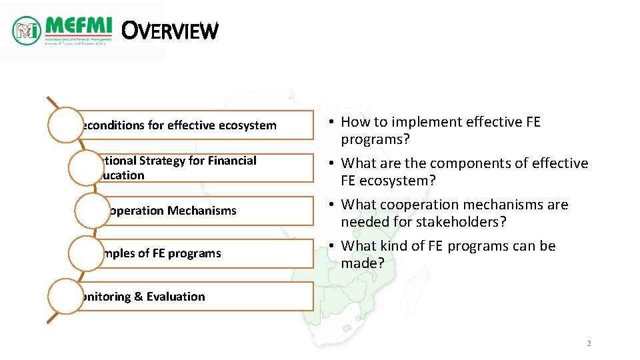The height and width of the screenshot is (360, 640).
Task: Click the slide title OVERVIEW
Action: [171, 31]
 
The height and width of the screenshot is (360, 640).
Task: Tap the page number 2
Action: [589, 343]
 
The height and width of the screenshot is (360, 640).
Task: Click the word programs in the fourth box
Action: [194, 253]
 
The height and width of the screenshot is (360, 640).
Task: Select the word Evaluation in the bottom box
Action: [176, 297]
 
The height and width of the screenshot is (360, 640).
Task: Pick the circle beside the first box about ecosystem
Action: [65, 125]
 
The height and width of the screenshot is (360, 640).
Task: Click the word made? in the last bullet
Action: [363, 263]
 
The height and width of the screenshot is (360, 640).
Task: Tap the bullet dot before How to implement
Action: [331, 123]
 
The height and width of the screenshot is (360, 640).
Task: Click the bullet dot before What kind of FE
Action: [331, 247]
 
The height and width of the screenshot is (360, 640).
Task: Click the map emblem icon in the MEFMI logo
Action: [27, 30]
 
